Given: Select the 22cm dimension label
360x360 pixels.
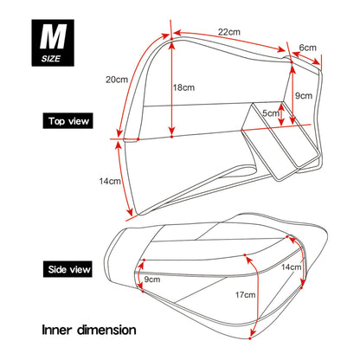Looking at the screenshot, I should click(x=228, y=32).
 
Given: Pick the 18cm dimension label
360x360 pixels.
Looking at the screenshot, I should click(x=185, y=87).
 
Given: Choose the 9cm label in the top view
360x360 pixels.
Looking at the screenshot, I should click(x=303, y=95).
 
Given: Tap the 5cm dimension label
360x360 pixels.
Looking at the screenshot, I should click(x=271, y=113).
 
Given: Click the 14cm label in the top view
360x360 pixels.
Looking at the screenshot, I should click(x=109, y=181).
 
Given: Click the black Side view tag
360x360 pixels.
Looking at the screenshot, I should click(x=66, y=270).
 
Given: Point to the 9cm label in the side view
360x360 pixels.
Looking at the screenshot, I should click(x=152, y=280).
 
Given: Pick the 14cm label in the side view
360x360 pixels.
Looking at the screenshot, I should click(x=292, y=267).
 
